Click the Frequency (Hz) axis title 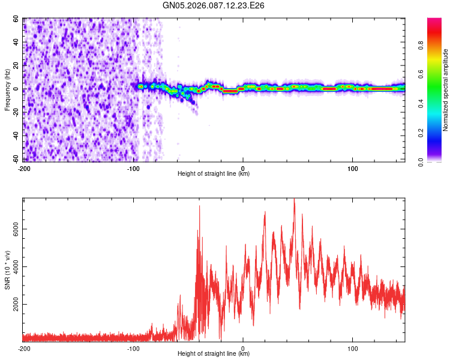point(7,89)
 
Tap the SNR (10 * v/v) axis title point(7,270)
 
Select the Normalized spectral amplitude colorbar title point(446,90)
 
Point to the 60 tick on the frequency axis point(17,19)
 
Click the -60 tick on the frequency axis point(16,159)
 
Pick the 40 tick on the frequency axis point(17,43)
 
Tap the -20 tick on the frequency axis point(16,112)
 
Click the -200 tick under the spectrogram point(24,168)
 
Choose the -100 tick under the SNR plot point(133,348)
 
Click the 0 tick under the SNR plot point(243,348)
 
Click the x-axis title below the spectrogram point(214,174)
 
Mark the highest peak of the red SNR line point(294,199)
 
